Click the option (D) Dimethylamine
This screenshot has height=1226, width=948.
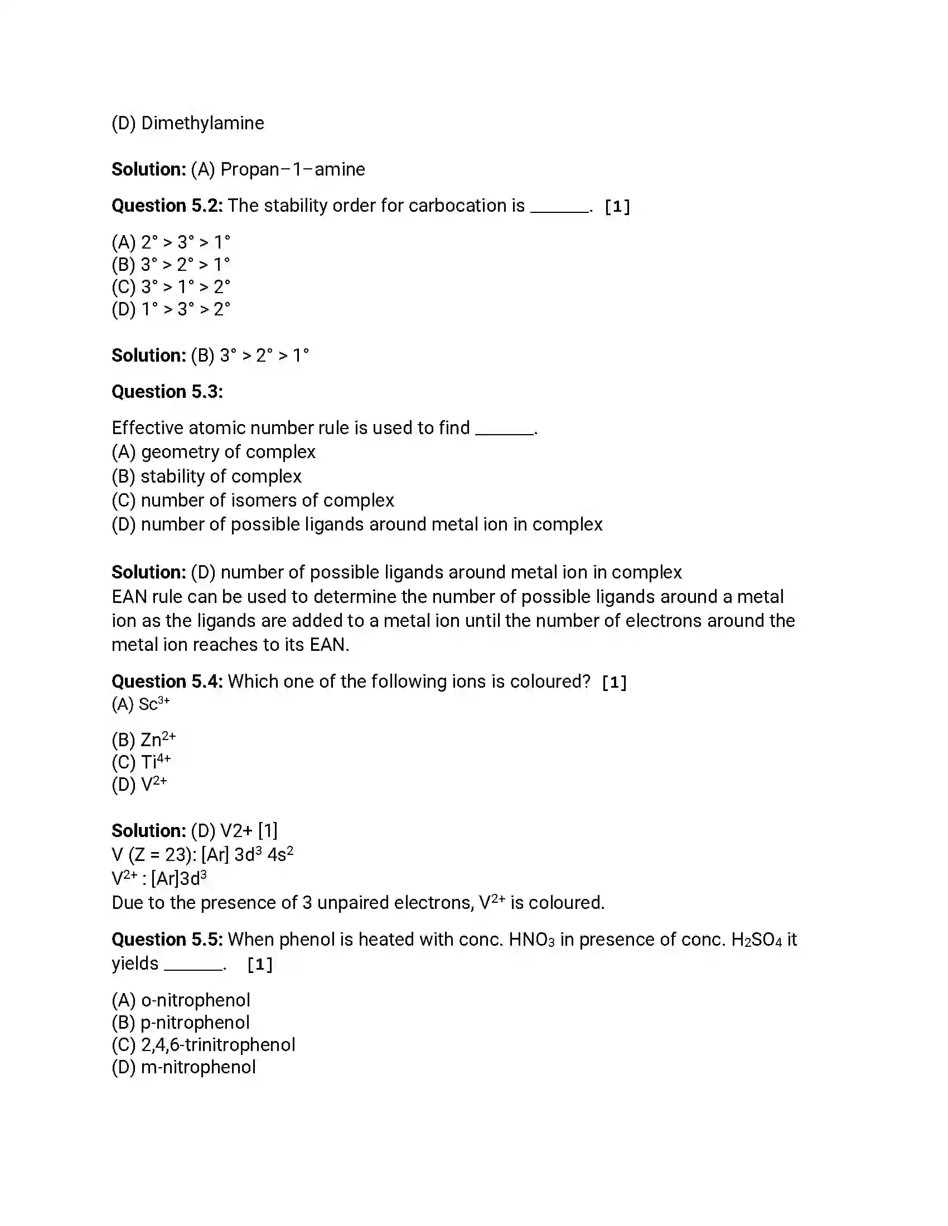click(x=187, y=123)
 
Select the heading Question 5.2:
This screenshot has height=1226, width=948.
click(x=167, y=206)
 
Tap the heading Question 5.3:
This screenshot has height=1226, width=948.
click(x=167, y=391)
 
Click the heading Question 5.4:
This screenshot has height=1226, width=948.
click(x=167, y=681)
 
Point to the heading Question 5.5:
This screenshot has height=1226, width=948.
click(x=167, y=939)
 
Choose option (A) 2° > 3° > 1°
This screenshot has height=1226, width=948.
click(x=171, y=242)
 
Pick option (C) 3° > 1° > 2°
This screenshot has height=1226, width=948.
click(x=171, y=287)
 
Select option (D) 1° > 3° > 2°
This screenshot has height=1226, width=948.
click(x=171, y=309)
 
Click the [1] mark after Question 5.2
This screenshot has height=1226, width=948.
click(x=617, y=207)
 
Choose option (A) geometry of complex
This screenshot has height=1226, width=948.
click(x=214, y=451)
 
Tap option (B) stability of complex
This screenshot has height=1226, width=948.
click(x=206, y=476)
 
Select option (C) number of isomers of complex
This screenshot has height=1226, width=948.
click(x=253, y=500)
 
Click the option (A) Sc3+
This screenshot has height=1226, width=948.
click(x=141, y=703)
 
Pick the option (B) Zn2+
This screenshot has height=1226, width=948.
click(x=144, y=740)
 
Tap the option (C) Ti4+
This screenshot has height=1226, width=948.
click(x=141, y=762)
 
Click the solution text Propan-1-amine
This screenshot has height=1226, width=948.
click(x=292, y=169)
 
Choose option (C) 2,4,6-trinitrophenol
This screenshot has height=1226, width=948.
click(x=204, y=1045)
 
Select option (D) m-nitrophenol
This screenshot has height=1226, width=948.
click(x=183, y=1067)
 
